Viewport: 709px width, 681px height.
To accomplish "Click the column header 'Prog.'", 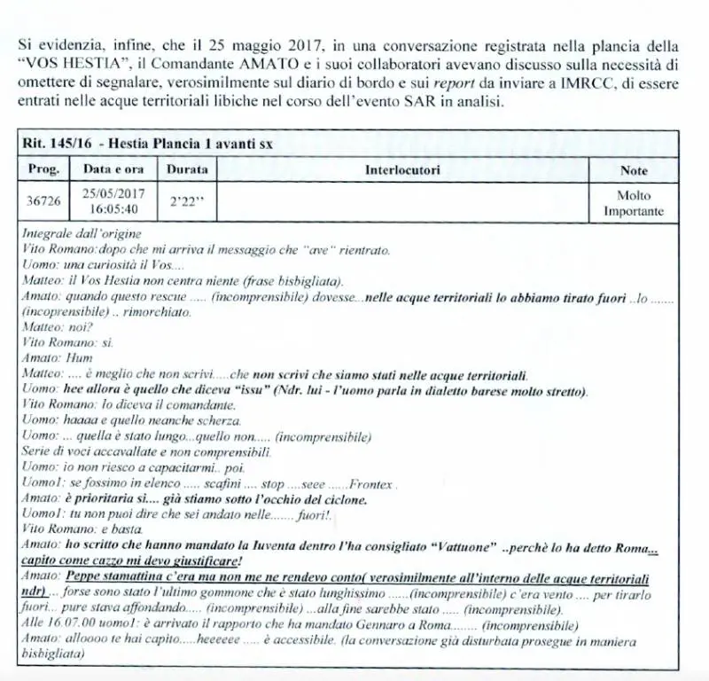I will (x=43, y=168).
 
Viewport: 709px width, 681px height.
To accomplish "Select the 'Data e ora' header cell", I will (x=107, y=168).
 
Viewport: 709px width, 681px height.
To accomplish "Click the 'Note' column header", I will (x=634, y=169).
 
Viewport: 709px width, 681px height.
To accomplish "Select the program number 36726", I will (x=43, y=201).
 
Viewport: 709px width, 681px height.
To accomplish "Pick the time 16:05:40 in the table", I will (x=107, y=209).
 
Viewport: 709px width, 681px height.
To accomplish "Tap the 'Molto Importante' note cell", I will (x=634, y=203).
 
